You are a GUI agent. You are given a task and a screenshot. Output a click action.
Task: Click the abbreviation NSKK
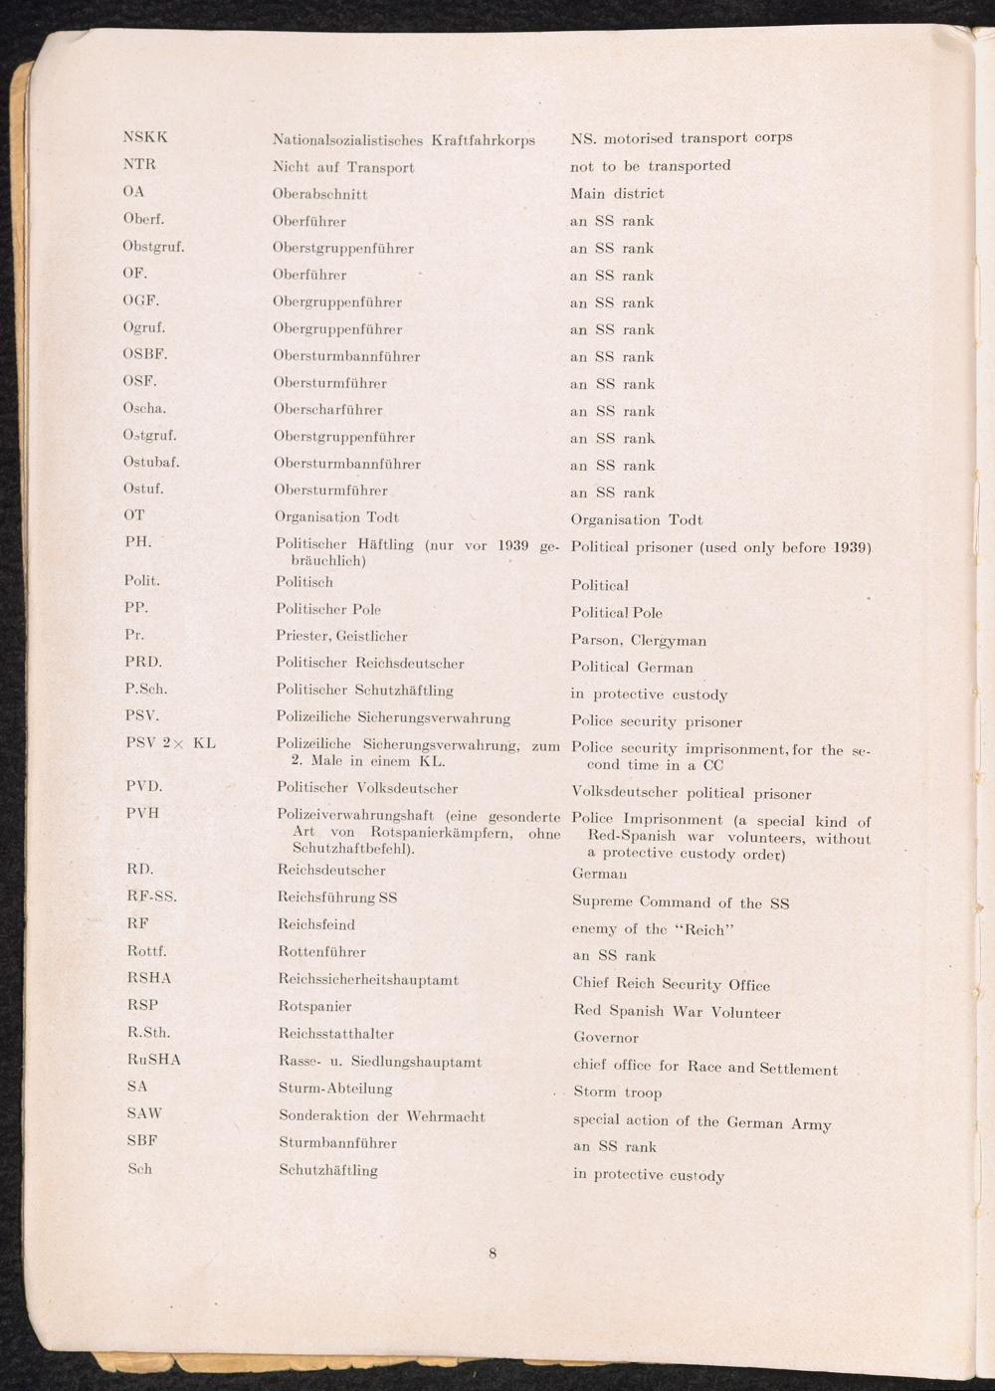pos(145,137)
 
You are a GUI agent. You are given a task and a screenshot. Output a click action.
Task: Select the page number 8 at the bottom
pos(492,1253)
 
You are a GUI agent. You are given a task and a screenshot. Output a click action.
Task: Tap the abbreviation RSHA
pos(149,978)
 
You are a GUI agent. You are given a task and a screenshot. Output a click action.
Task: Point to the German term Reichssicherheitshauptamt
pos(368,980)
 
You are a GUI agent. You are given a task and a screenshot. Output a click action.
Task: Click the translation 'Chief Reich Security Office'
pos(671,984)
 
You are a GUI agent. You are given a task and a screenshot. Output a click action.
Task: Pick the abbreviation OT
pos(134,515)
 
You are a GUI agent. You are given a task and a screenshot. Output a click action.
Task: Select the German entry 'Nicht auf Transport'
pos(343,167)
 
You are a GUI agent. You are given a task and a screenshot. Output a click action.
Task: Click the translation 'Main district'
pos(617,193)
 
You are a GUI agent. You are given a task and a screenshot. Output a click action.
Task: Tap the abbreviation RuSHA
pos(154,1060)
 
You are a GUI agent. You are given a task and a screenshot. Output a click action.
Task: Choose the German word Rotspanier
pos(314,1006)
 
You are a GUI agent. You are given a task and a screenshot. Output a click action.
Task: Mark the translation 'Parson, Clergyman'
pos(639,640)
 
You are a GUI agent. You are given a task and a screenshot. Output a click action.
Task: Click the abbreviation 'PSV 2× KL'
pos(170,743)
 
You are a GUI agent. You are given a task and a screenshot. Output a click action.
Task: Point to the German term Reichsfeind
pos(316,924)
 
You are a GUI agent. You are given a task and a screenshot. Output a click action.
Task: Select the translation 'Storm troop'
pos(617,1092)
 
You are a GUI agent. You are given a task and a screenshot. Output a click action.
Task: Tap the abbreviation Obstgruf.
pos(154,247)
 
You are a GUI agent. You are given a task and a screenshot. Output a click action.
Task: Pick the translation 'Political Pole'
pos(617,613)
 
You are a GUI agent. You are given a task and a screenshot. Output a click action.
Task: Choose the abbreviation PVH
pos(142,813)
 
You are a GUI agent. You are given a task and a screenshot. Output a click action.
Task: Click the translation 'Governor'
pos(605,1038)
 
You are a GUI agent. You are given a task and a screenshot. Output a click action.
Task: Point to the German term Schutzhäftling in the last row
pos(328,1170)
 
